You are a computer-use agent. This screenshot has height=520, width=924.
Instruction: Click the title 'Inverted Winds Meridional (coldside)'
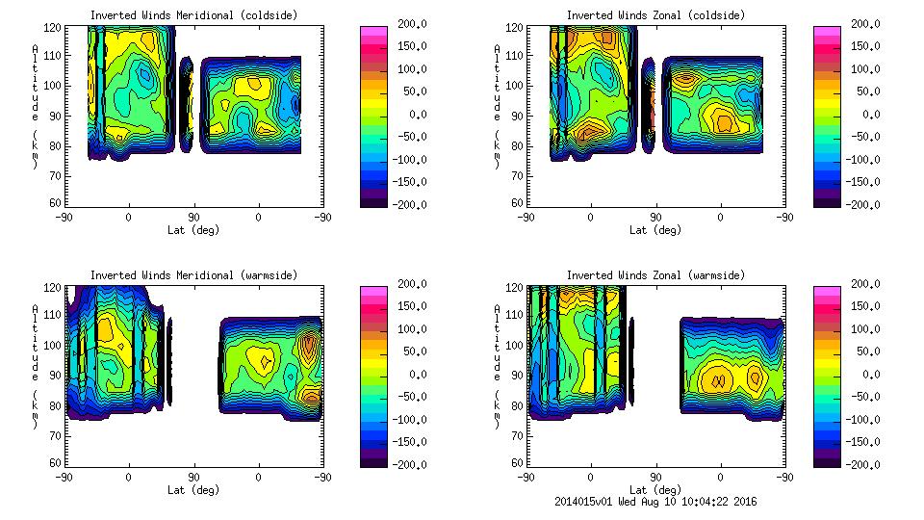pyautogui.click(x=193, y=15)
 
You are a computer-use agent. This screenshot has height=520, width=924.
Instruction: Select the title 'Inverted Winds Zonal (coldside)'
pyautogui.click(x=655, y=15)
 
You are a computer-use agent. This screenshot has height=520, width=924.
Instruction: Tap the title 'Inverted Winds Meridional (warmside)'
pyautogui.click(x=193, y=275)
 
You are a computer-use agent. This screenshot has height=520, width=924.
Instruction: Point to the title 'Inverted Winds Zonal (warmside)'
pyautogui.click(x=655, y=275)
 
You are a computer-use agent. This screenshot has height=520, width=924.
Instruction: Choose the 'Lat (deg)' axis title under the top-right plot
pyautogui.click(x=654, y=230)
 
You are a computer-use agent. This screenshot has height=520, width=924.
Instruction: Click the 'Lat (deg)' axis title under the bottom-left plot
pyautogui.click(x=192, y=490)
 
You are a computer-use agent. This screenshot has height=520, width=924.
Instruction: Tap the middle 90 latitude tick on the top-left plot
pyautogui.click(x=193, y=218)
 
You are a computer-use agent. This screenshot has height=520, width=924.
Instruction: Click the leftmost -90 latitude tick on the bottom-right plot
pyautogui.click(x=526, y=478)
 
